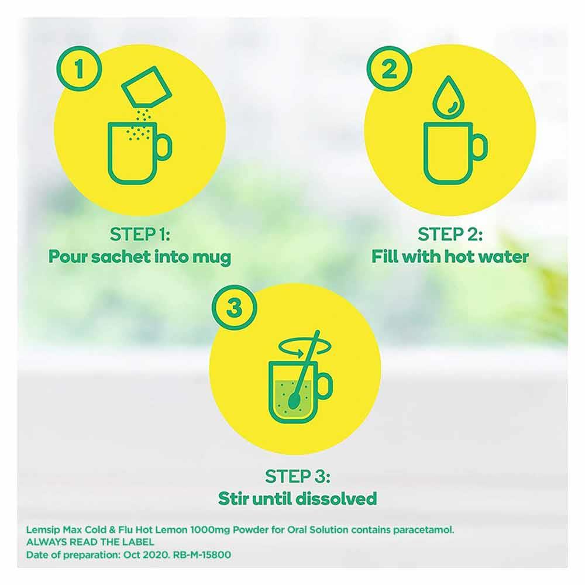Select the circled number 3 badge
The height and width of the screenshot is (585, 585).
[x=234, y=307]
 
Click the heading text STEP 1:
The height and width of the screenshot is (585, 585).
[x=139, y=235]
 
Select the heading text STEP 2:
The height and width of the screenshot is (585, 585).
[x=450, y=235]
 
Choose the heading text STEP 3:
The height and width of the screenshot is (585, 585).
[x=297, y=476]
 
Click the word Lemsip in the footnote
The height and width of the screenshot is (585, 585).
[x=42, y=529]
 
